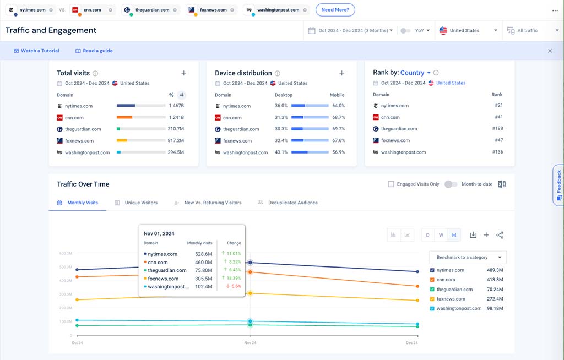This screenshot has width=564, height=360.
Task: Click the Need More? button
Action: point(335,10)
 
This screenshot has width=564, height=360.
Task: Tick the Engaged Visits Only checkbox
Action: point(391,184)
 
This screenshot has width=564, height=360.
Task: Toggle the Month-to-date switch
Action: point(451,184)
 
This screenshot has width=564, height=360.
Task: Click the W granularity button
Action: point(441,235)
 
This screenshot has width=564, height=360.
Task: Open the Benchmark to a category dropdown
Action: point(468,257)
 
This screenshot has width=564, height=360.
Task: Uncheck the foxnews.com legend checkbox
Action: point(432,299)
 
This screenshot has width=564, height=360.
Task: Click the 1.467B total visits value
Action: point(176,106)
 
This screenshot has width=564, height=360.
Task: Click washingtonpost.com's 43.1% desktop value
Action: point(281,152)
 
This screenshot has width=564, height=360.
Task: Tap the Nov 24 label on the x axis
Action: point(250,343)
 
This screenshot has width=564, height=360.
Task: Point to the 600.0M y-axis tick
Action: point(66,254)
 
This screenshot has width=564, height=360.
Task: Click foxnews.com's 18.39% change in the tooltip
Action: point(233,278)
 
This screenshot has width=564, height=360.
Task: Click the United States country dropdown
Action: point(468,31)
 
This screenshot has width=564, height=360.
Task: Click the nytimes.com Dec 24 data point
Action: point(417,271)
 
